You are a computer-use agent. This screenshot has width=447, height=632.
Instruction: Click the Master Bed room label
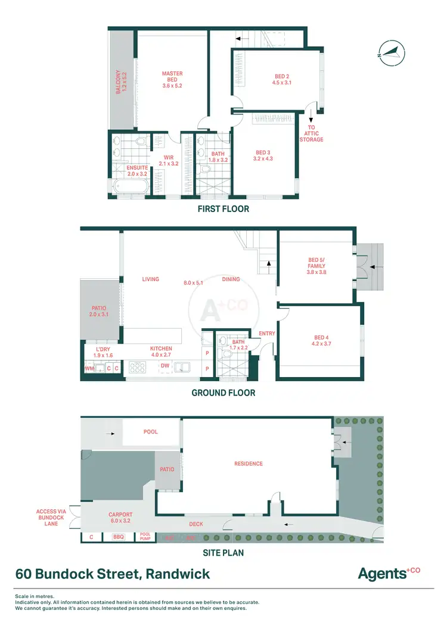tap(172, 80)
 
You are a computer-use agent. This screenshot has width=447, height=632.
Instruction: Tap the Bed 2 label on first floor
tap(282, 80)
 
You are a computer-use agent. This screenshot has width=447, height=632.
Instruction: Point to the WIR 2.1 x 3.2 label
tap(168, 160)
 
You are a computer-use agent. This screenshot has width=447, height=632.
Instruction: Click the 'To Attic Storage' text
tap(311, 133)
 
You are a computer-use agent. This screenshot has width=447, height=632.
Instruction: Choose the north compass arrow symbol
tap(390, 52)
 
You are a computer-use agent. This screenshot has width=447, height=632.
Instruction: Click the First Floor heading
tap(223, 209)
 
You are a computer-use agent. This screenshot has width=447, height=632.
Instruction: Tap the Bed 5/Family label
tap(316, 266)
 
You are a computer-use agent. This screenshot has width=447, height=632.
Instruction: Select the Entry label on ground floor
tap(267, 334)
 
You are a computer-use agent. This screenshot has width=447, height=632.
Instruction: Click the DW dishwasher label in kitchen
tap(165, 366)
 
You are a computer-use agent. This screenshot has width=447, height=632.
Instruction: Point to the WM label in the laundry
tap(89, 369)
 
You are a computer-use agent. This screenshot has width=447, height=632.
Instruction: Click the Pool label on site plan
tap(151, 432)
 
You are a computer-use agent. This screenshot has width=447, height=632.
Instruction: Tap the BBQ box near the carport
tap(118, 537)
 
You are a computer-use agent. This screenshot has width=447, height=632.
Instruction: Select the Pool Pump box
tap(147, 537)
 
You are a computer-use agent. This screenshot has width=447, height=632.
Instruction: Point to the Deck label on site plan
tap(197, 525)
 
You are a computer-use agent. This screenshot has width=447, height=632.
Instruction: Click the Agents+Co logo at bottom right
tap(389, 574)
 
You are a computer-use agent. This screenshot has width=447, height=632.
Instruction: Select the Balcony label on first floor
tap(122, 81)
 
